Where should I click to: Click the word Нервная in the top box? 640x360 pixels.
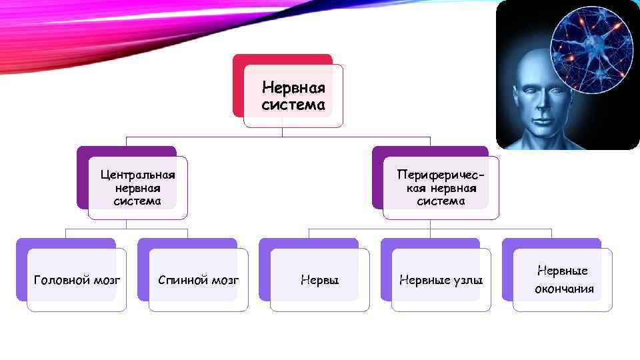(293, 88)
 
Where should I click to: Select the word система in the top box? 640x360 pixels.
(293, 105)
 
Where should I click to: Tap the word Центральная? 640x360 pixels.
(138, 175)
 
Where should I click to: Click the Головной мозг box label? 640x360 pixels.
(77, 280)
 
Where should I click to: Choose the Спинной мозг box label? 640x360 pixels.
(198, 280)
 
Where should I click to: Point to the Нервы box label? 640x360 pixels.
(320, 280)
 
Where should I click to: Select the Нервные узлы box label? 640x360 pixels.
(441, 280)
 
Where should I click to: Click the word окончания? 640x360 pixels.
(563, 289)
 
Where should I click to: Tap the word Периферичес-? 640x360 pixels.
(440, 175)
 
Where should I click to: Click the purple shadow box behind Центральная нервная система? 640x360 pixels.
(83, 180)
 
